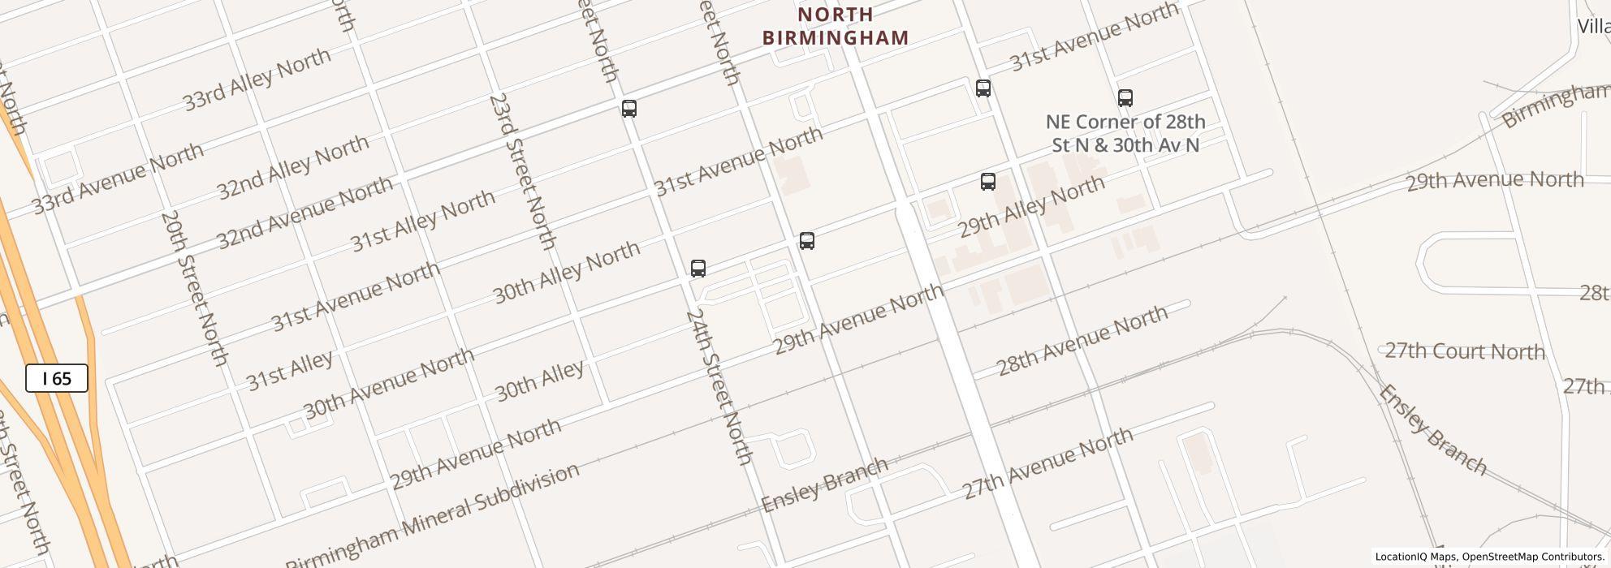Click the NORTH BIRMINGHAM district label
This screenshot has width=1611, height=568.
pyautogui.click(x=836, y=26)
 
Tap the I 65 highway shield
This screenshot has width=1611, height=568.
pyautogui.click(x=57, y=379)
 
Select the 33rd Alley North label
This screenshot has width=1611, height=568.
pyautogui.click(x=257, y=79)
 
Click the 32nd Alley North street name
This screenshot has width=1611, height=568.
pyautogui.click(x=293, y=167)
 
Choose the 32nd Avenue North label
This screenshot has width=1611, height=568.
pyautogui.click(x=304, y=213)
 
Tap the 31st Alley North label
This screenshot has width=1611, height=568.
pyautogui.click(x=422, y=220)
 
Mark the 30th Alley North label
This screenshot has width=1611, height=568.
pyautogui.click(x=566, y=272)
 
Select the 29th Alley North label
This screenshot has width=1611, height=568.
pyautogui.click(x=1031, y=205)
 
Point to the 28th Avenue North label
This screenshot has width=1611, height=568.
pyautogui.click(x=1082, y=341)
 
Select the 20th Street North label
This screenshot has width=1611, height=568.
pyautogui.click(x=194, y=288)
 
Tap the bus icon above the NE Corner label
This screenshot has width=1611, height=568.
pyautogui.click(x=1125, y=98)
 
